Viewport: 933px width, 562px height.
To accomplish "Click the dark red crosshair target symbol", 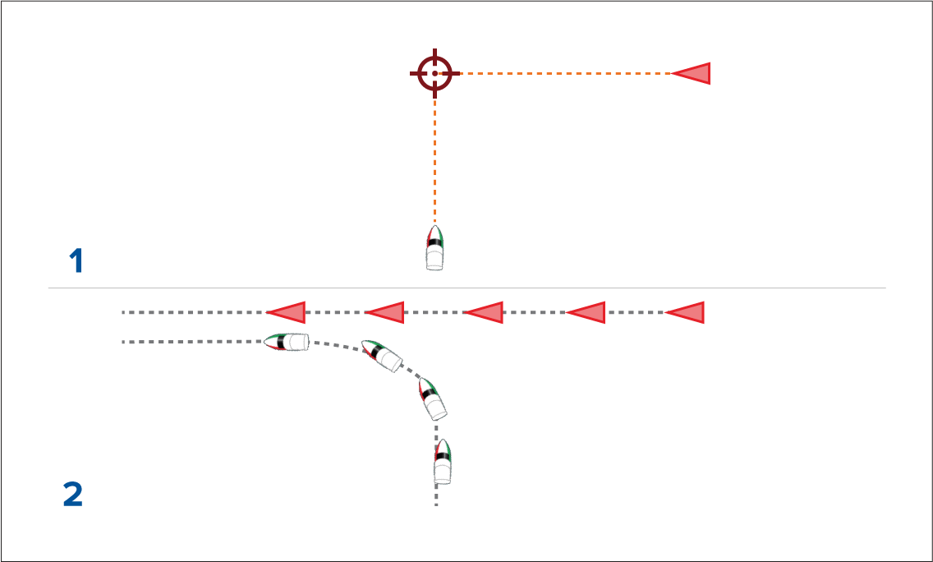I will (434, 73).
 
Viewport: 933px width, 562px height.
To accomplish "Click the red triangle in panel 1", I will (694, 73).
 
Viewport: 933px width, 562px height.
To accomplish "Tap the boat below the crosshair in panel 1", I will (434, 248).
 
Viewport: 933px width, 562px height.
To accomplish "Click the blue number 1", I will (76, 262).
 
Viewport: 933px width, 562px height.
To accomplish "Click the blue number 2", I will (73, 495).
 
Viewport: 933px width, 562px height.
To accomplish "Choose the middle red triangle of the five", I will (486, 312).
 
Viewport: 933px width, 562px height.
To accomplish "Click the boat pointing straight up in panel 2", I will (443, 461).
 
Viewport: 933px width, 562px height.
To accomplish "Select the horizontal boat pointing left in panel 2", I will (287, 343).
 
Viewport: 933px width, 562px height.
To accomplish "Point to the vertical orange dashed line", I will (434, 156).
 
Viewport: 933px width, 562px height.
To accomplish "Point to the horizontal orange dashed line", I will (558, 73).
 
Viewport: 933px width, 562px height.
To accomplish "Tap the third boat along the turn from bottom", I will (382, 356).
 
